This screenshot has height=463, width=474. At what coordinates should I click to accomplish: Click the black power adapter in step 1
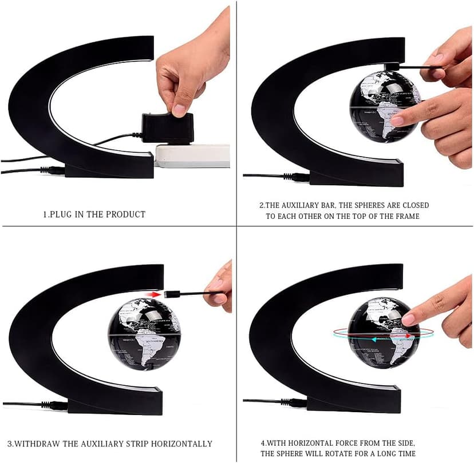tap(168, 127)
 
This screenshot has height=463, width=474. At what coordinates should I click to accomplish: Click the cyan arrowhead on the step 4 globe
tap(374, 340)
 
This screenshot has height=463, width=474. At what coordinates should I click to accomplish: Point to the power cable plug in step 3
tap(56, 406)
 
